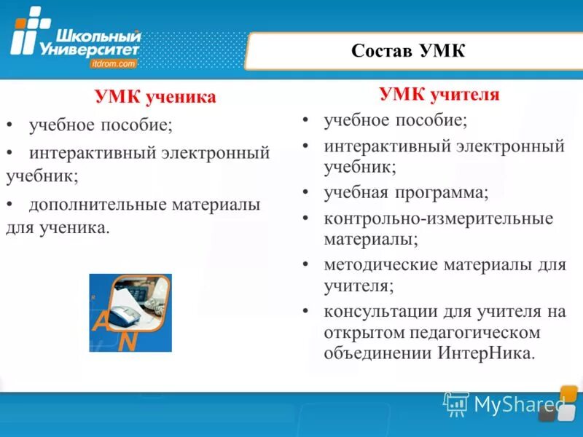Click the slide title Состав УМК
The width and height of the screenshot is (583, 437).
click(408, 51)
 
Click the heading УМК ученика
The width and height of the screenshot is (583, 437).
click(155, 98)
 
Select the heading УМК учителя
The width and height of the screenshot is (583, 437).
click(439, 95)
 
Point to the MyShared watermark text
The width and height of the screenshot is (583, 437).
click(520, 403)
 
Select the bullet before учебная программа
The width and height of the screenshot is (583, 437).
click(307, 193)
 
